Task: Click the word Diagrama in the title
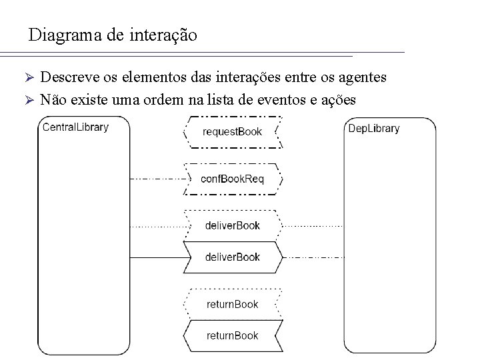point(65,35)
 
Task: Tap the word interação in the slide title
point(163,35)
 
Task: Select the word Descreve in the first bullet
point(69,78)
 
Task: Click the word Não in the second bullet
point(53,100)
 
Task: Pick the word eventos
point(297,100)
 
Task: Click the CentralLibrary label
point(75,127)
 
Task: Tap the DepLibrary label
point(374,128)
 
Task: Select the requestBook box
point(233,131)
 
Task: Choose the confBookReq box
point(233,179)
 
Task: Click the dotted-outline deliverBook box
point(233,225)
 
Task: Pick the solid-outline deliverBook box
point(233,257)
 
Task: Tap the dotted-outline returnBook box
point(233,304)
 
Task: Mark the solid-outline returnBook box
point(233,335)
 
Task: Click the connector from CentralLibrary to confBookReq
point(156,179)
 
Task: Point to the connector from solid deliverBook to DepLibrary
point(313,257)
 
